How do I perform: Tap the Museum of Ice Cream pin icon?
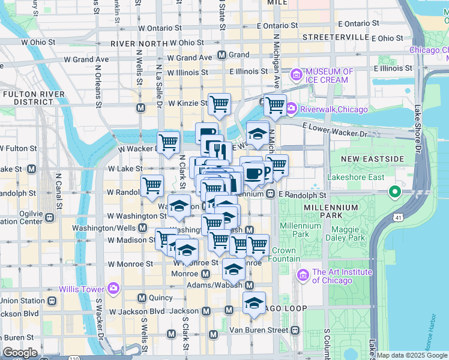(296, 75)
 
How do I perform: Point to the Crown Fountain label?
(283, 254)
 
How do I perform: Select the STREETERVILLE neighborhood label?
(336, 37)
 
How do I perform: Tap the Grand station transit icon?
(221, 55)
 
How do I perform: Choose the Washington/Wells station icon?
(143, 228)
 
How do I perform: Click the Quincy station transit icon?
(142, 298)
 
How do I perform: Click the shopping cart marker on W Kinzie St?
(219, 104)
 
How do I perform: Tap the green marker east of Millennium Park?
(394, 193)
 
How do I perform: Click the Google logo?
(20, 353)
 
